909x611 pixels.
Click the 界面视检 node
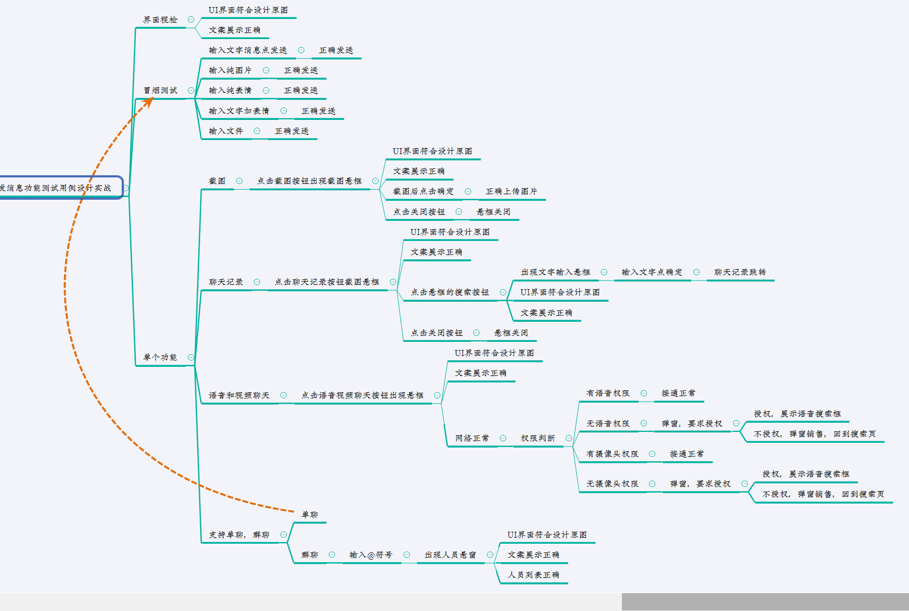tap(160, 20)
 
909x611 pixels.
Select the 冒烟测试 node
tap(161, 90)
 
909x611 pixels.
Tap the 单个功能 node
tap(160, 357)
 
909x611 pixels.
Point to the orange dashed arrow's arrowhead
tap(147, 102)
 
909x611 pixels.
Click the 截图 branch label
tap(217, 181)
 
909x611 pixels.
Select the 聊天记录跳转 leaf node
tap(740, 272)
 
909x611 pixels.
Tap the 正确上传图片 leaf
tap(511, 191)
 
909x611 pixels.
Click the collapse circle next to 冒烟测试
tap(191, 90)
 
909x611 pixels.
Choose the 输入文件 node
tap(226, 131)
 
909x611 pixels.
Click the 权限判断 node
tap(538, 438)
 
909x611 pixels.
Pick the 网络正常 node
tap(472, 438)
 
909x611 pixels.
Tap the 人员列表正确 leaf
tap(533, 575)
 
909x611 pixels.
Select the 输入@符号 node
tap(371, 555)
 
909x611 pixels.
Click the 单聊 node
tap(310, 514)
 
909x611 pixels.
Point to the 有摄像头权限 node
tap(612, 454)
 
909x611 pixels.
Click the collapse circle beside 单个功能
tap(191, 357)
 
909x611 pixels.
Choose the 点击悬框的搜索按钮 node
tap(450, 292)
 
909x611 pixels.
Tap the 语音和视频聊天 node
tap(239, 395)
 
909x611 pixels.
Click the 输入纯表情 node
tap(230, 90)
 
